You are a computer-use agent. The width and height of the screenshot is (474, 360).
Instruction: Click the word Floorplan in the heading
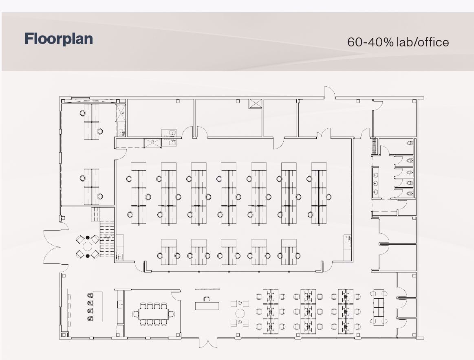point(59,39)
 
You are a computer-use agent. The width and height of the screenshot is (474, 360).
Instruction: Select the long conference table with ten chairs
point(153,314)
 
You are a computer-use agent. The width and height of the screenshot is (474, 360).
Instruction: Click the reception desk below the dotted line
point(207,305)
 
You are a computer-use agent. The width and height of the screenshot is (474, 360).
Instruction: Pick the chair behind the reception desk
point(207,299)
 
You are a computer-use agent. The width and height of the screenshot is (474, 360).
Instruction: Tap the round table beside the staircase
point(88,246)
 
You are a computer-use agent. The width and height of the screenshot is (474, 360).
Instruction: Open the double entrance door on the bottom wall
point(208,343)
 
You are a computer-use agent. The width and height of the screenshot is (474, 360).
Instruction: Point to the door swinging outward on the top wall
point(329,93)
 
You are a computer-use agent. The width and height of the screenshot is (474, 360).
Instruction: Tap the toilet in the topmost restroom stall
point(410,143)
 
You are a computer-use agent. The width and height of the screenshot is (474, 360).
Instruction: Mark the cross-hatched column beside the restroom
point(374,146)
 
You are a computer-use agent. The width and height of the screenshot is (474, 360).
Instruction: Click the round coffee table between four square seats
point(240,313)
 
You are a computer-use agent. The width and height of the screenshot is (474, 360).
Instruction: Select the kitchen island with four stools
point(97,307)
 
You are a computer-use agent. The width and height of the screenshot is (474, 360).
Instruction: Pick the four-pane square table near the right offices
point(379,307)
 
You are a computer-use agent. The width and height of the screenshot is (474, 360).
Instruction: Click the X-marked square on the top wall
point(256,103)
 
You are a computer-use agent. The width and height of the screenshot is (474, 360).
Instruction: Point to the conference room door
point(176,295)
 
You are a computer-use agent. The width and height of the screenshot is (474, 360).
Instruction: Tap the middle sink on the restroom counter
point(376,183)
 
